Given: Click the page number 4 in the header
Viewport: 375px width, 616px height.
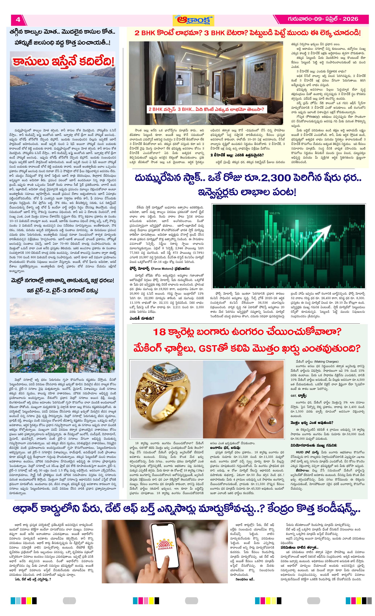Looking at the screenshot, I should [x=18, y=19].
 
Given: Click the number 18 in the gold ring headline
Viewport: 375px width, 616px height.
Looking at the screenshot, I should [x=159, y=332].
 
